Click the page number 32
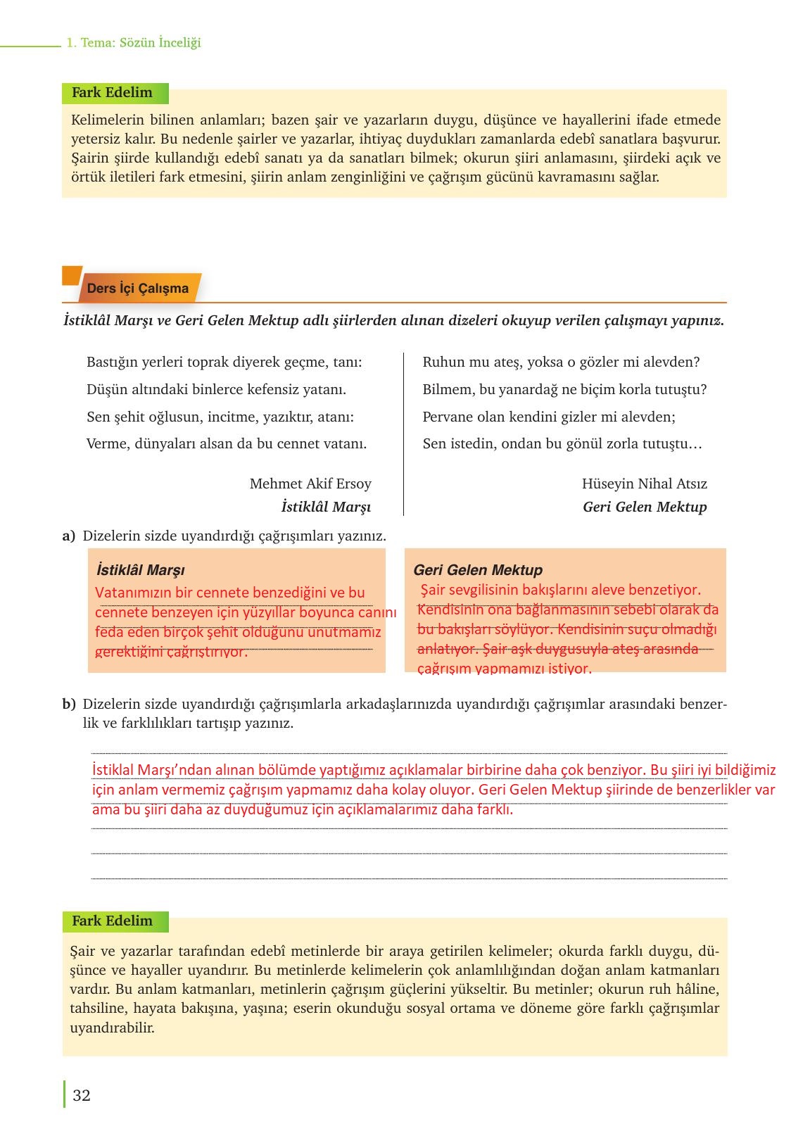point(82,1095)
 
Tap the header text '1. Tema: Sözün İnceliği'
point(134,42)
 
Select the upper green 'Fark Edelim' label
point(112,92)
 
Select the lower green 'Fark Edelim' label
point(112,921)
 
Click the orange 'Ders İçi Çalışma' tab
point(137,289)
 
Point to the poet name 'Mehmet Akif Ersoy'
point(310,484)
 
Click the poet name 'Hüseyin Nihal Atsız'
point(644,484)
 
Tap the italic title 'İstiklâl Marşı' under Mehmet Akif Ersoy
point(326,507)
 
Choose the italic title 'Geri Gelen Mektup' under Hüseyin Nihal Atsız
point(645,507)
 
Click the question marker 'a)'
point(68,536)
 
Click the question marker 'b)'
point(68,704)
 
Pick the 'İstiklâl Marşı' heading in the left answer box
point(140,570)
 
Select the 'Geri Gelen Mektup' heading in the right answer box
point(478,570)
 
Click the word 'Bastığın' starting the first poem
point(111,362)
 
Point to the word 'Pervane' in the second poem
point(448,417)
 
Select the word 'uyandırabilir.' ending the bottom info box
point(112,1027)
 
